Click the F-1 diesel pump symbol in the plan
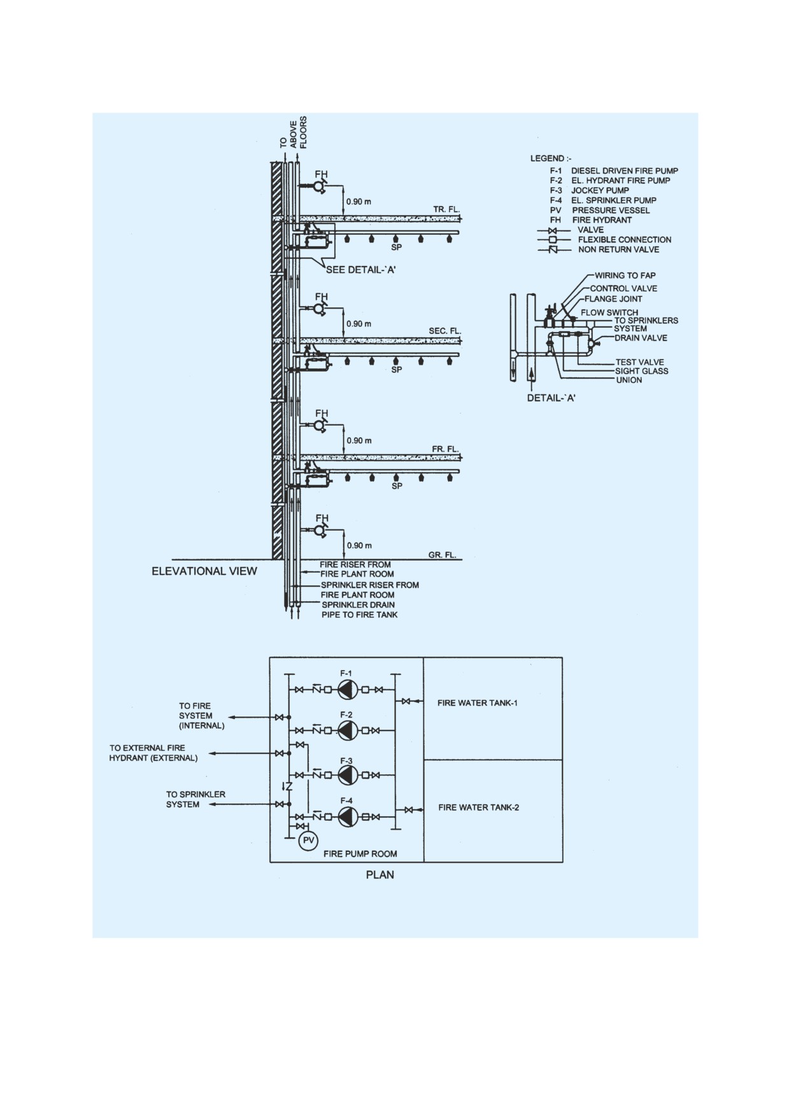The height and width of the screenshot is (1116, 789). coord(347,690)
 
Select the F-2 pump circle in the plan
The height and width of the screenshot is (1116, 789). coord(347,730)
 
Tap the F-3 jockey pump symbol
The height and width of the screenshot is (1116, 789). coord(347,774)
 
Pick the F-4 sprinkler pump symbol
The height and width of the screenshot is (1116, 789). coord(347,816)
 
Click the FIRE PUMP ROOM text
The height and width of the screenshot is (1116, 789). coord(360,854)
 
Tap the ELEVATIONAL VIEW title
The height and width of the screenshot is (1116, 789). coord(204,571)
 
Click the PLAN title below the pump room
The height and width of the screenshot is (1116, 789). coord(380,875)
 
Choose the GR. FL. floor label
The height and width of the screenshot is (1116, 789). coord(443,555)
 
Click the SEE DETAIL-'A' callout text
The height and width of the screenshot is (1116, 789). coord(362,270)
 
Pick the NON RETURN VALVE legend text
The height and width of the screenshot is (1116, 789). coord(619,249)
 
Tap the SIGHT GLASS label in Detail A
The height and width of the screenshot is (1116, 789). coord(642,371)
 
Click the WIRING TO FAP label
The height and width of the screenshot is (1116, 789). coord(625,276)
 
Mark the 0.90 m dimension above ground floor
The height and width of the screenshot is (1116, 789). coord(359,546)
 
